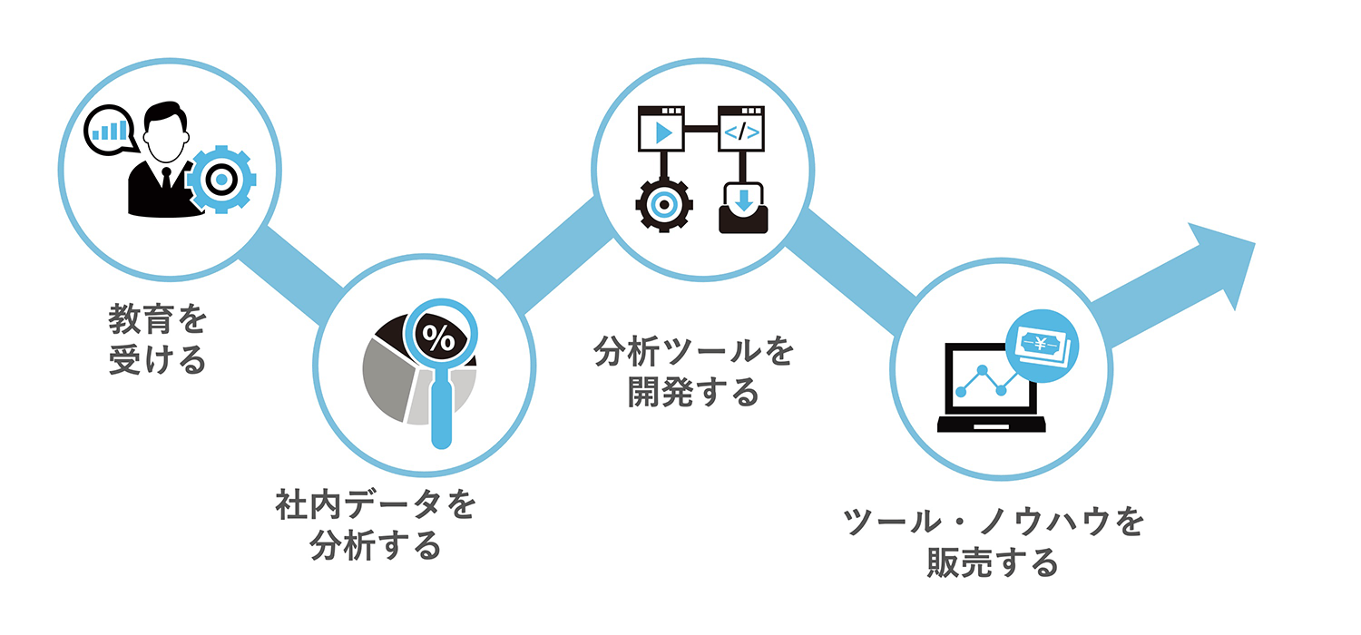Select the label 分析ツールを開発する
(x=693, y=372)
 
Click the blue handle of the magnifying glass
(x=441, y=413)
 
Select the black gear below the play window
(x=664, y=205)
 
